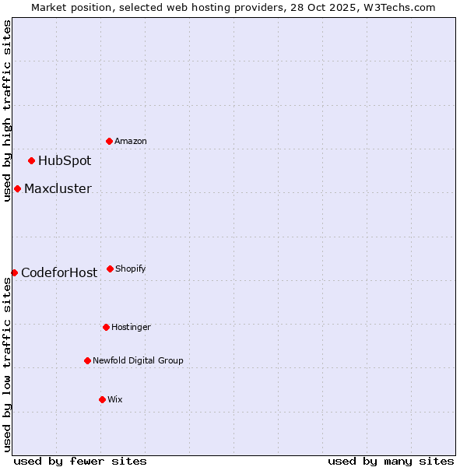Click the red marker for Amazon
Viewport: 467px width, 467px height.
[x=110, y=141]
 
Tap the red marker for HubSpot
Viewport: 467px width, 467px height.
[x=32, y=161]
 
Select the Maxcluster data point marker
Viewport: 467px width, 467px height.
[x=17, y=189]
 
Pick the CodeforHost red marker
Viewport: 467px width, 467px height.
[x=14, y=272]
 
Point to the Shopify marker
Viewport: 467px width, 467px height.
[x=110, y=269]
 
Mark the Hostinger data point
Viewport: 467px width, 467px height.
[x=106, y=327]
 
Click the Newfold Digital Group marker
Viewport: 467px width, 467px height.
[x=87, y=360]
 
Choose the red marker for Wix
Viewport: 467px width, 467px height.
[x=102, y=399]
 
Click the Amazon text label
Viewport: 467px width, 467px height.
[x=131, y=141]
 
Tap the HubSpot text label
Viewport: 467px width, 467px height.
[x=65, y=161]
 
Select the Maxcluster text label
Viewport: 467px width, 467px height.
[x=58, y=189]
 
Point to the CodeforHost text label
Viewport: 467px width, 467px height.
[x=59, y=272]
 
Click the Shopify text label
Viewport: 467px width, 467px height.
[x=131, y=269]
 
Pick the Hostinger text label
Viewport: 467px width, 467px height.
[x=131, y=327]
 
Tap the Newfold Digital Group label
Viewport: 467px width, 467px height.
[x=138, y=360]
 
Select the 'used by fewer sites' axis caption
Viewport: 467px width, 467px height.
[x=80, y=461]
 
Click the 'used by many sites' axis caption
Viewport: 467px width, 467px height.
[x=391, y=461]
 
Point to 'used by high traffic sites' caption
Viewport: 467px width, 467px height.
[x=7, y=111]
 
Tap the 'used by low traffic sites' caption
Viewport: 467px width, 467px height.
[x=7, y=364]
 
